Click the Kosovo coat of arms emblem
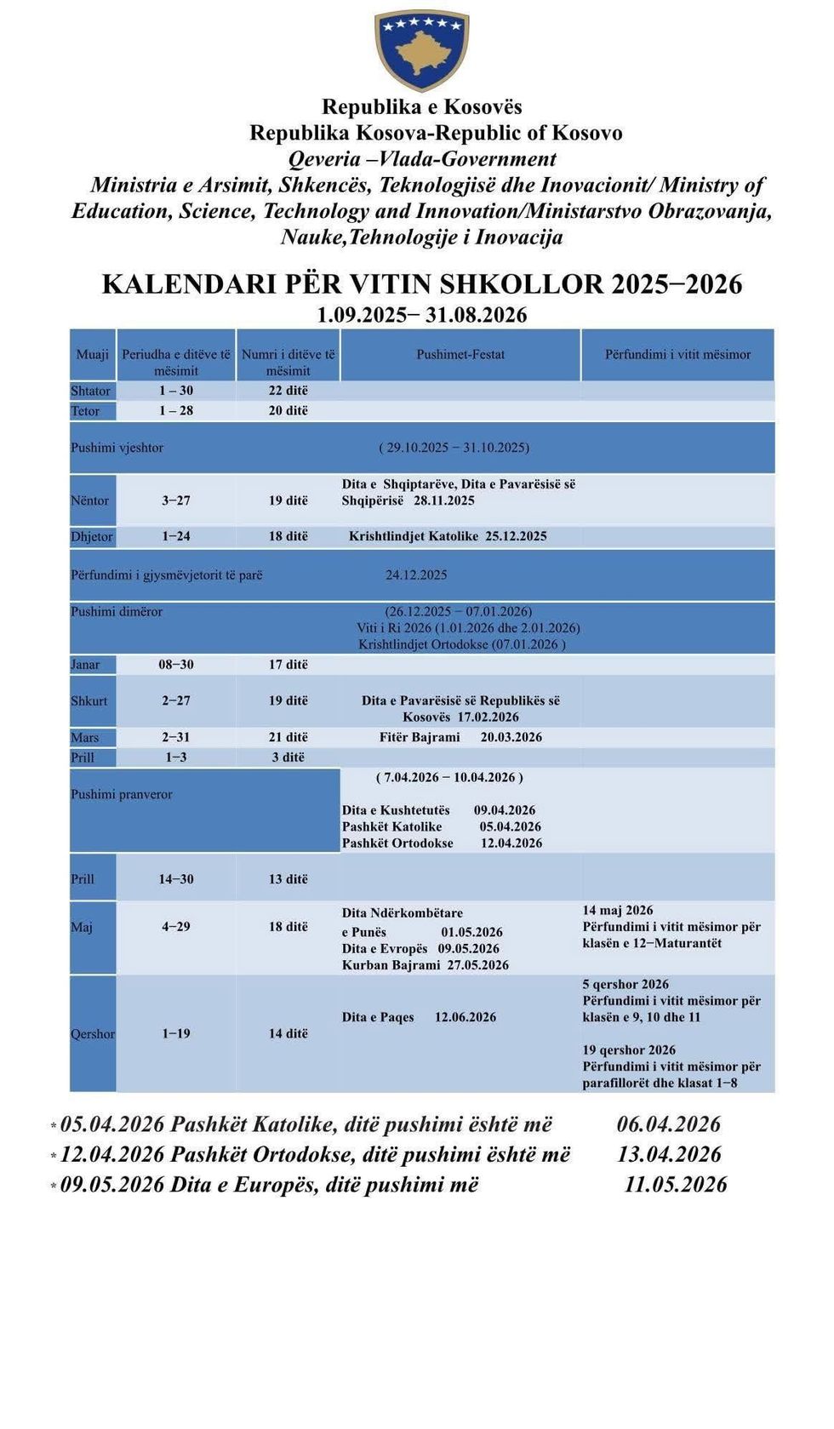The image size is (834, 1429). coord(421,49)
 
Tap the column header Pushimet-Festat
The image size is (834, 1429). coord(460,355)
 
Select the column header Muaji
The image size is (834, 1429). coord(93,355)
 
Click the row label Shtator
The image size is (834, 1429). coord(91,391)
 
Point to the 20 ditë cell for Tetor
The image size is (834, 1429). coord(288,411)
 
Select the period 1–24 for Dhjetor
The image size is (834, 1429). coord(176,536)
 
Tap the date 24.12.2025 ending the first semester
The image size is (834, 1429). coord(416,575)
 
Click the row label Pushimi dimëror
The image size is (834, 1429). coord(117,612)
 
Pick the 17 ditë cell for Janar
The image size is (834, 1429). coord(288,665)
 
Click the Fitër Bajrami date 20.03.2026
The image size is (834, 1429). coord(511,737)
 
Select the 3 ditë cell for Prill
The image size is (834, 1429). coord(288,757)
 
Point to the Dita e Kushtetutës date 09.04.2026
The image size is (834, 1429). coord(505,810)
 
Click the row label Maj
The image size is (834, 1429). coord(82,927)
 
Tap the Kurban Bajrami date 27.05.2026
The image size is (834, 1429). coord(478,965)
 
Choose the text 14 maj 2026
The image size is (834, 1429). coord(618,911)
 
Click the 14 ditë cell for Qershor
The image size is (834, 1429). coord(288,1034)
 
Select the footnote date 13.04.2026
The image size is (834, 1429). coord(669,1155)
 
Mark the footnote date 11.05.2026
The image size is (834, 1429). coord(676,1185)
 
